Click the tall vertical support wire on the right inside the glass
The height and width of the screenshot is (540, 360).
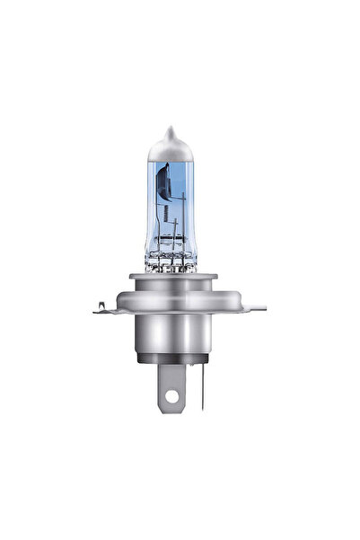point(197,211)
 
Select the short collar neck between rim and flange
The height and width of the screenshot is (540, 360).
point(180,291)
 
